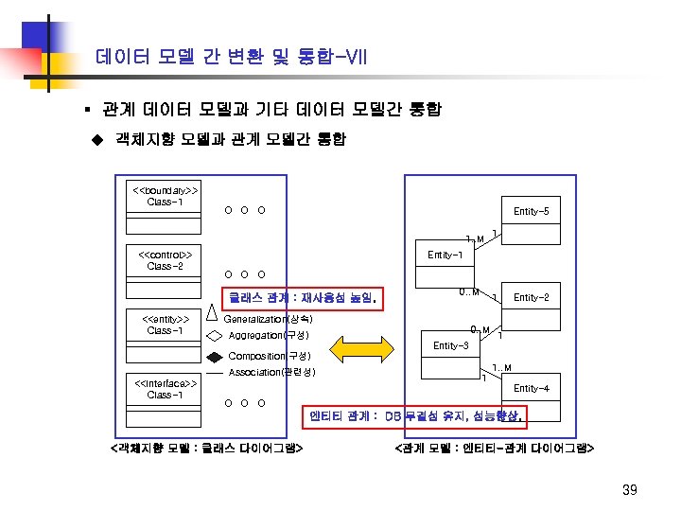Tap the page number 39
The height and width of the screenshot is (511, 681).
631,489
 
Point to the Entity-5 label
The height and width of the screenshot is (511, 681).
531,211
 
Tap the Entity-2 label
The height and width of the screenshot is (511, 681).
531,298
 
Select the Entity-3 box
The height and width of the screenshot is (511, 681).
450,346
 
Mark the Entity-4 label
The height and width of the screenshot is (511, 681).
531,389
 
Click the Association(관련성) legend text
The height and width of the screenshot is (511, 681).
271,373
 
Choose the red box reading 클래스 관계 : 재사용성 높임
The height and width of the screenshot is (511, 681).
302,299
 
